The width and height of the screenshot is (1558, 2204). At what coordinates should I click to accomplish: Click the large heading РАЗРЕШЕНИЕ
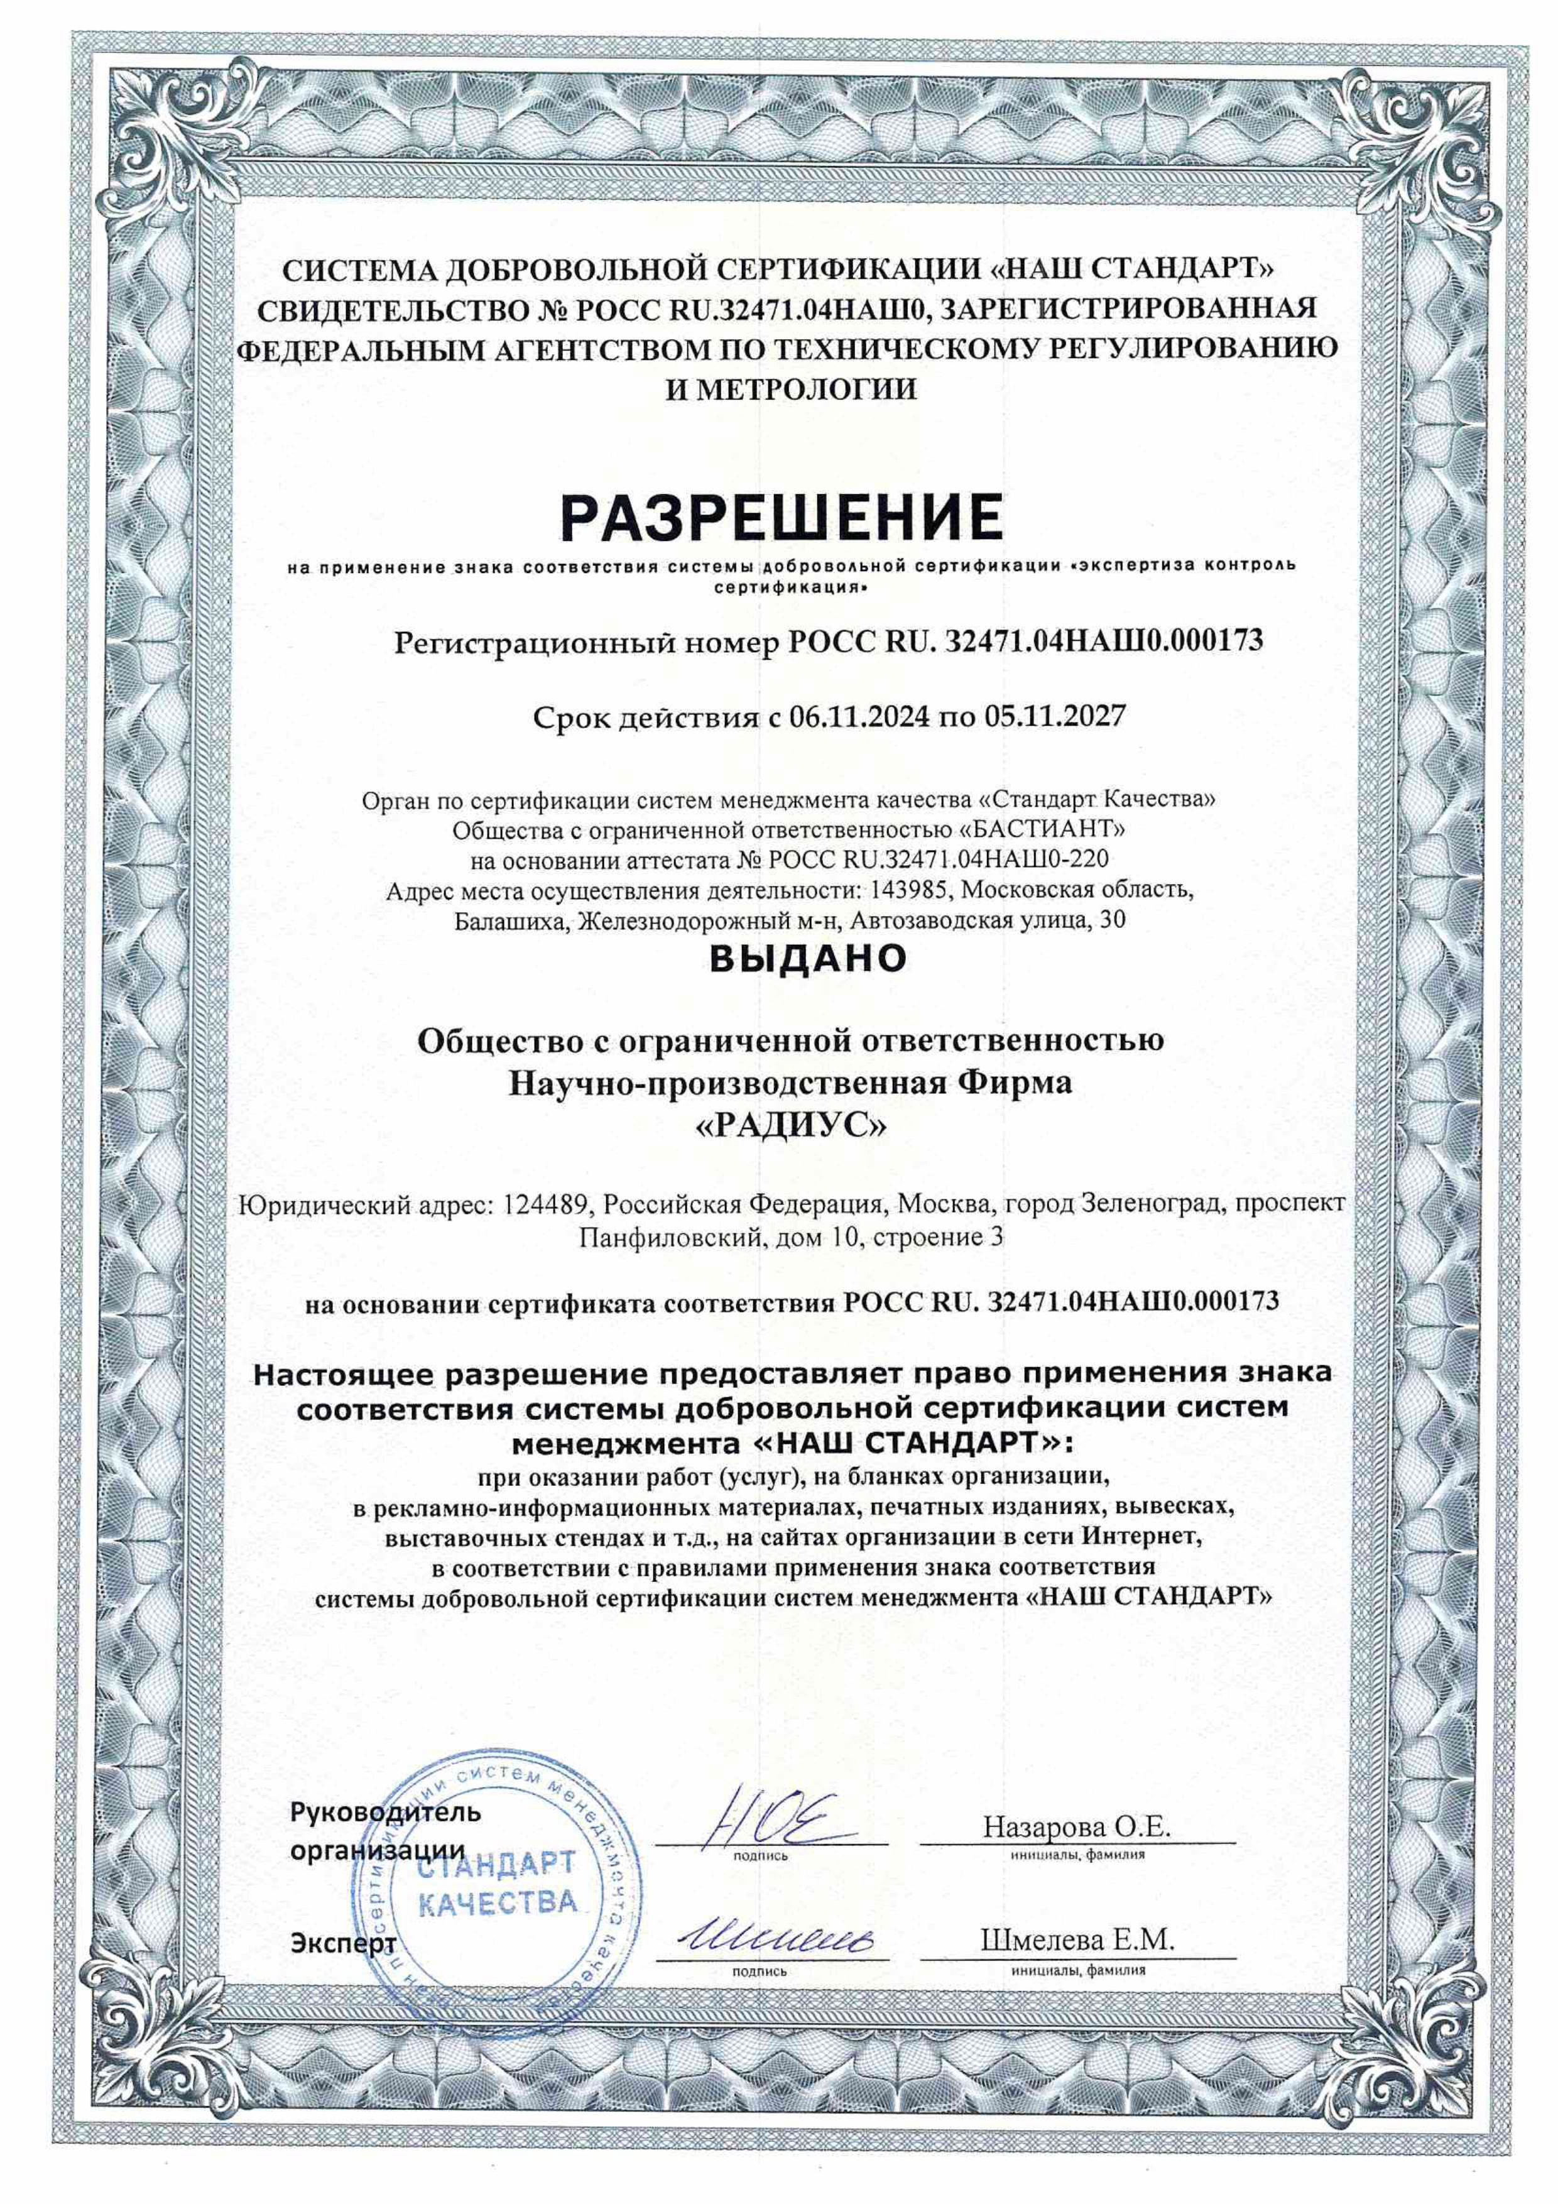click(782, 518)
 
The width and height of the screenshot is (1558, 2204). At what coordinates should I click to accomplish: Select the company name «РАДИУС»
click(791, 1125)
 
